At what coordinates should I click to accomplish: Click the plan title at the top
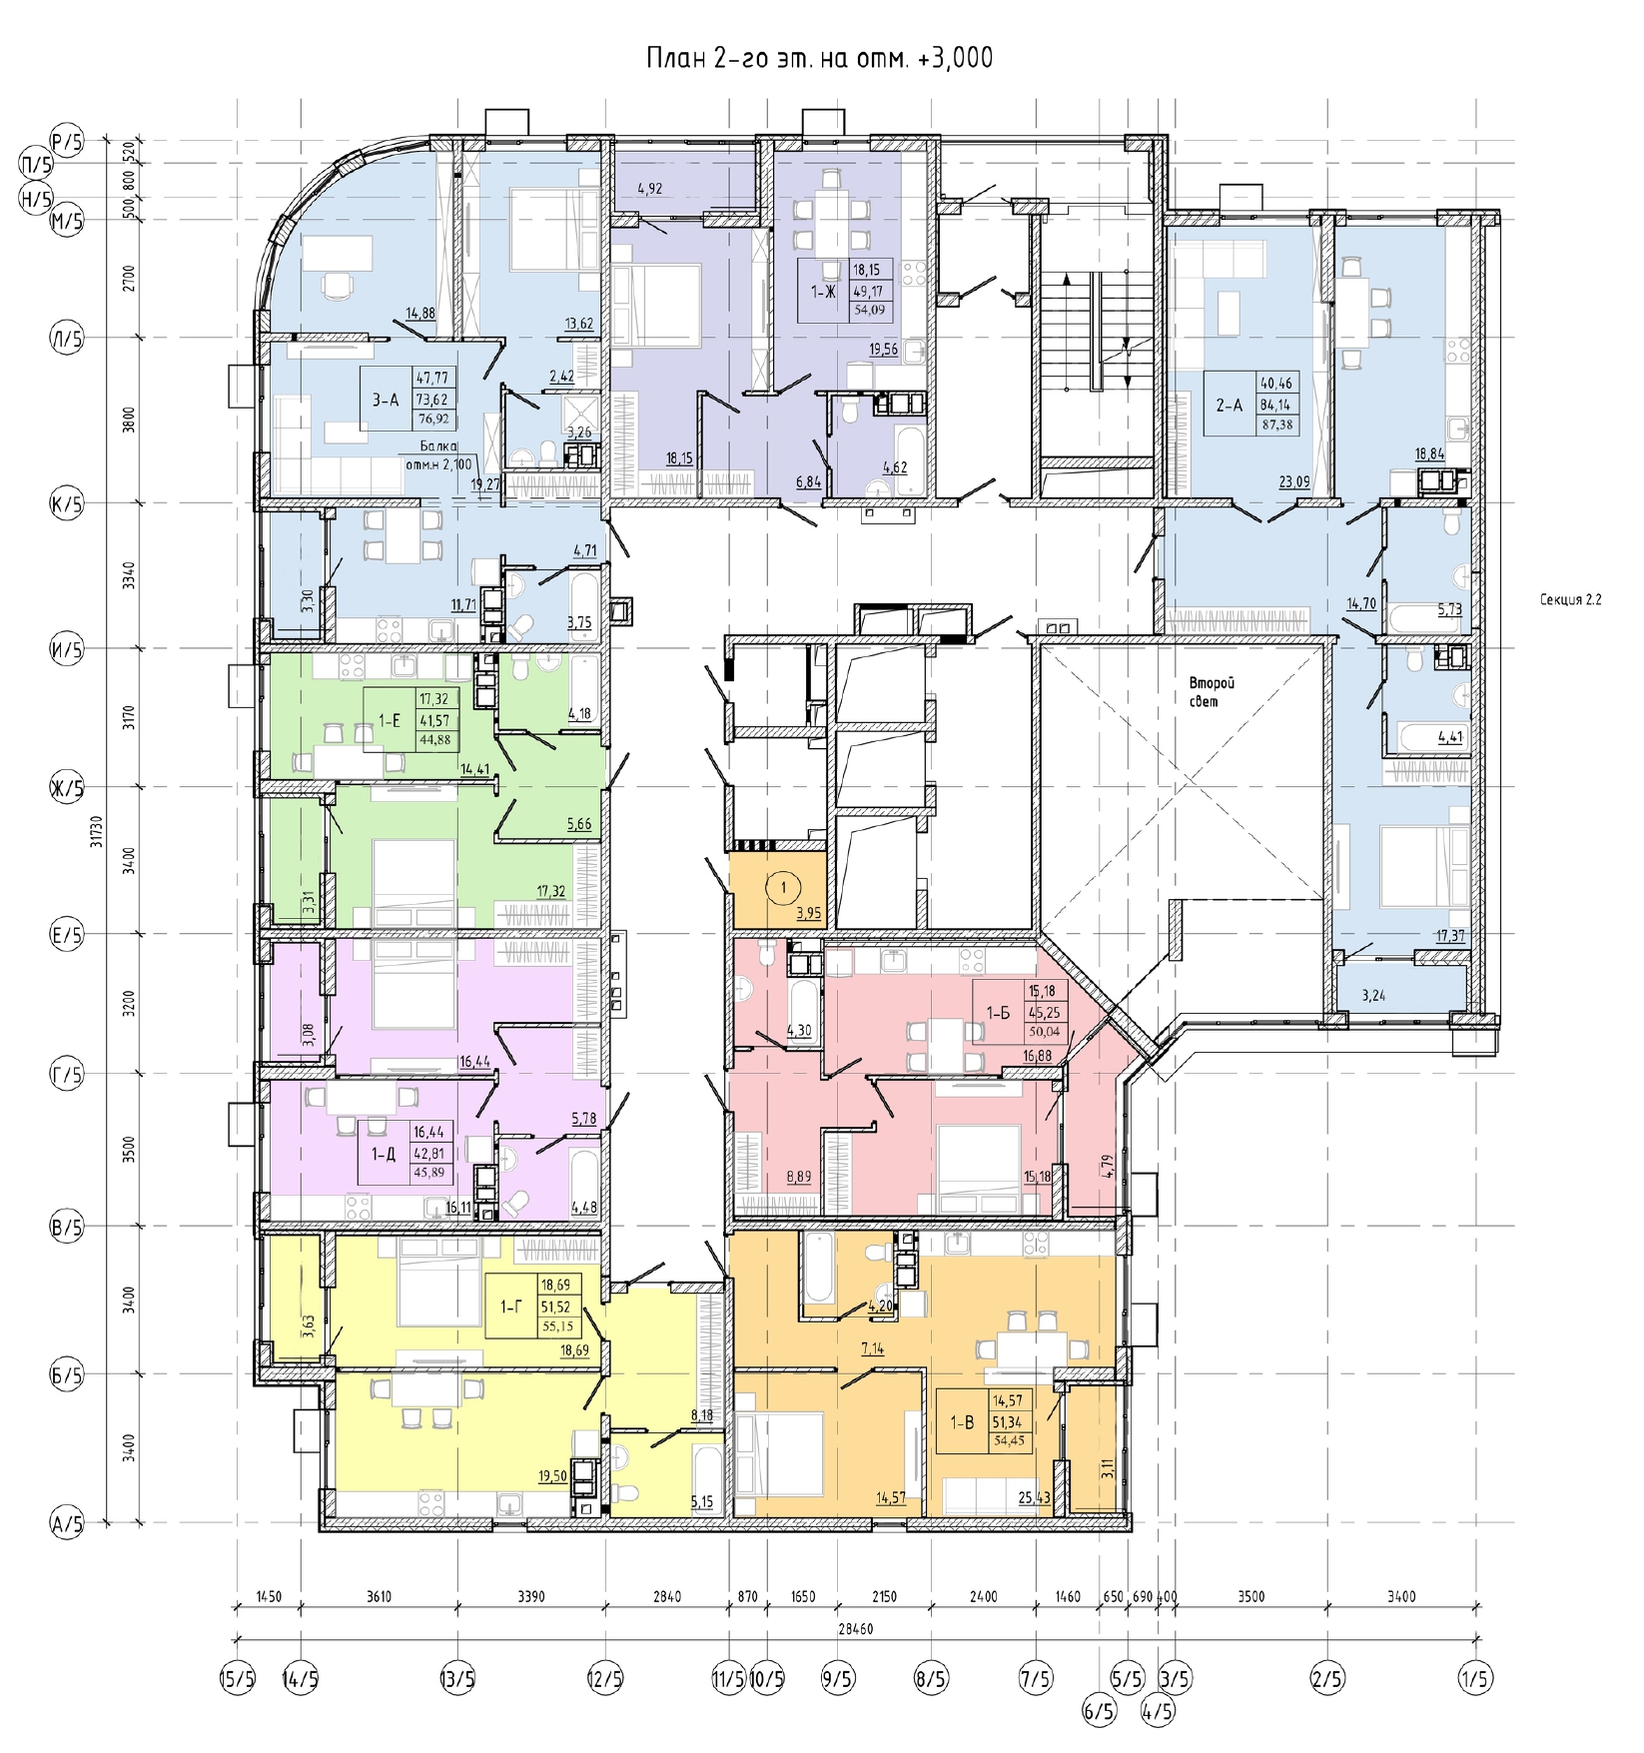(819, 59)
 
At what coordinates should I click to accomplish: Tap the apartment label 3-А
(386, 400)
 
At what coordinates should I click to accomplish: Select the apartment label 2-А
(1229, 406)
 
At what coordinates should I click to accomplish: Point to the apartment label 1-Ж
(823, 292)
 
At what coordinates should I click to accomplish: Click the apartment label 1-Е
(389, 719)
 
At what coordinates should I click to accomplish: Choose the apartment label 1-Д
(384, 1154)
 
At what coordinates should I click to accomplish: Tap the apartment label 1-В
(962, 1422)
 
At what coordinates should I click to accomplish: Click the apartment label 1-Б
(999, 1013)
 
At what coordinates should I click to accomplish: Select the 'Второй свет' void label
(1211, 692)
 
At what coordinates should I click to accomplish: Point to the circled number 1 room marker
(784, 887)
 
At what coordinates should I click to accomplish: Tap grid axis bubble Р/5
(67, 142)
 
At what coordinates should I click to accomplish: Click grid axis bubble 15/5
(237, 1679)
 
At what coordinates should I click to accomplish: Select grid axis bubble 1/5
(1474, 1679)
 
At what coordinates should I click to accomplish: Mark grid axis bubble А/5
(67, 1523)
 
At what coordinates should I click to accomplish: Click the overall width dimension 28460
(856, 1628)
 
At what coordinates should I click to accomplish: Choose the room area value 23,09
(1295, 481)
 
